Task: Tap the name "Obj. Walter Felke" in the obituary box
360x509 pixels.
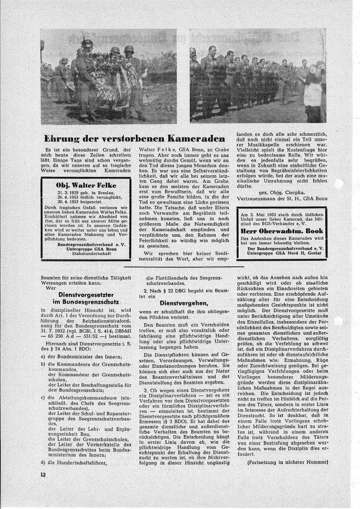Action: pyautogui.click(x=80, y=185)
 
